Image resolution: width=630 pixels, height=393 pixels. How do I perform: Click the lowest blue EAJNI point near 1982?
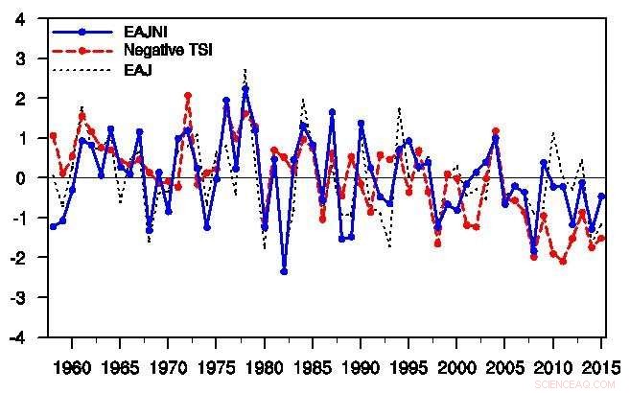tap(284, 271)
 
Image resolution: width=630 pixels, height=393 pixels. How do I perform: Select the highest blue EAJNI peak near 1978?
tap(245, 88)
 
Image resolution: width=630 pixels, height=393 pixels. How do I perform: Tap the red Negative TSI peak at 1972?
tap(188, 96)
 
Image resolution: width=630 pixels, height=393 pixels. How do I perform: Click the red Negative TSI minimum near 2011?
tap(563, 261)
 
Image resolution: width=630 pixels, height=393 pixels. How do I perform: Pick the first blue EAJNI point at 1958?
tap(53, 226)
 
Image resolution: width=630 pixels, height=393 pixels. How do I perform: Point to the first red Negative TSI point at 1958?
tap(53, 136)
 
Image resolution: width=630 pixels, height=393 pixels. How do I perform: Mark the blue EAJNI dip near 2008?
tap(534, 251)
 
